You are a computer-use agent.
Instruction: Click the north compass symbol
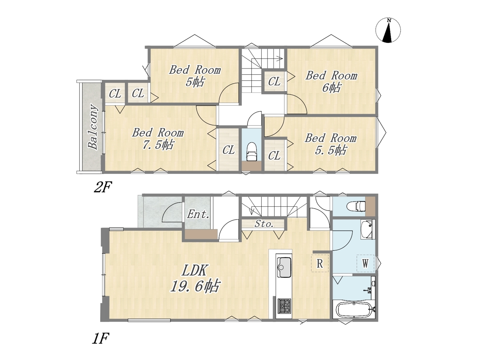pos(388,30)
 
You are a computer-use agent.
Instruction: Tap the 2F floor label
pos(102,187)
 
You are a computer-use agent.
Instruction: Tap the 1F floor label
pos(100,338)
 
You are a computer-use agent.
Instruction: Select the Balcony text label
pos(92,127)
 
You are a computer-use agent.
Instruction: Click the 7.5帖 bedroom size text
pos(158,144)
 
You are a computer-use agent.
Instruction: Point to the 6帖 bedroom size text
pos(331,88)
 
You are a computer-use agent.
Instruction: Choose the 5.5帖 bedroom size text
pos(331,150)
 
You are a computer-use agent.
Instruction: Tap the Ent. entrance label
pos(198,214)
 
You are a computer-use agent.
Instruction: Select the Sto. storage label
pos(264,224)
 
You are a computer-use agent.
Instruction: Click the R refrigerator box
pos(320,263)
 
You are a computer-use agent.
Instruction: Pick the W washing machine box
pos(365,263)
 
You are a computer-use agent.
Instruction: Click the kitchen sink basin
pos(284,267)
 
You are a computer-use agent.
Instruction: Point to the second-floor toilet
pos(252,152)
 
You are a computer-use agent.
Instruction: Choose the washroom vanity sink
pos(366,230)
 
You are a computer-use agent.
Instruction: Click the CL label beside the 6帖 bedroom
pos(274,81)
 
